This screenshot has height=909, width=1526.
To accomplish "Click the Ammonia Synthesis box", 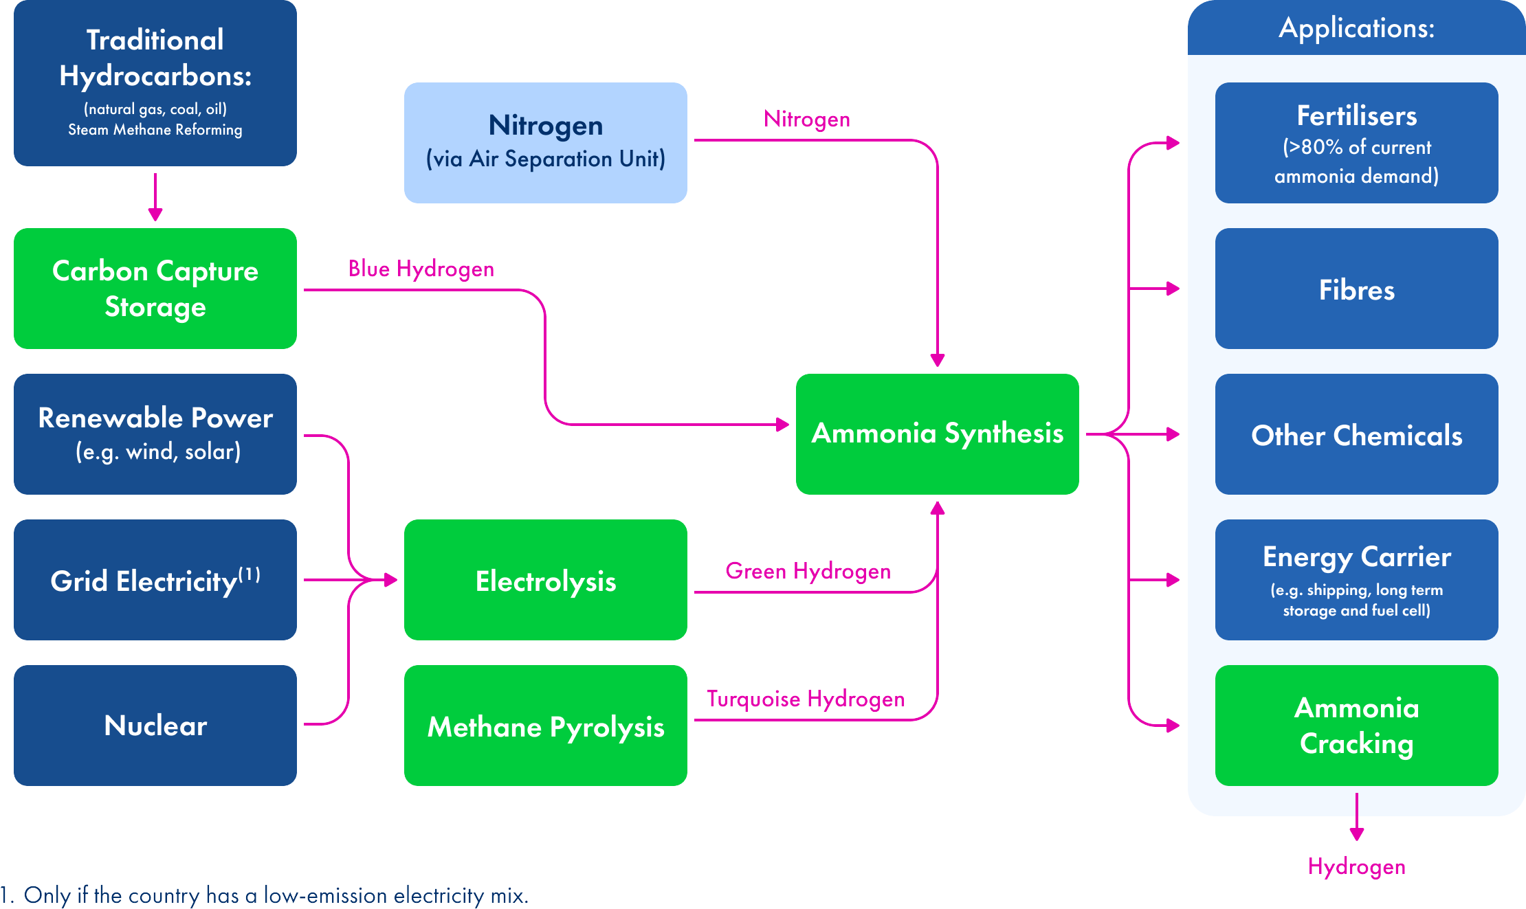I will click(937, 434).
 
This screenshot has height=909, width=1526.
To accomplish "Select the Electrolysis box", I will click(545, 580).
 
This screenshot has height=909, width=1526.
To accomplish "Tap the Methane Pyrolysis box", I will click(545, 726).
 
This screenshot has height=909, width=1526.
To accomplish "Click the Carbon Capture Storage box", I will click(155, 289).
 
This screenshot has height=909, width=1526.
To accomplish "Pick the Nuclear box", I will click(155, 726).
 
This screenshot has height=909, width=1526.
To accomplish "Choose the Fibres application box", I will click(1356, 289).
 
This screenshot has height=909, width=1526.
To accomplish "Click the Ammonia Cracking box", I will click(1356, 726).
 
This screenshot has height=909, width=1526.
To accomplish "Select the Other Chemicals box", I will click(1356, 434).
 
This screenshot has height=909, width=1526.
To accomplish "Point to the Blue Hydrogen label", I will click(421, 269).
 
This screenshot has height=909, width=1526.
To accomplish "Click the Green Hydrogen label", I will click(808, 571).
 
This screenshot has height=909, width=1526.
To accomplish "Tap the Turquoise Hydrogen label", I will click(806, 699).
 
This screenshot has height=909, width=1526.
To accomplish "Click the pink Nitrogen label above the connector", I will click(807, 119).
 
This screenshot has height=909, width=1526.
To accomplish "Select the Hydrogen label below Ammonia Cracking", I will click(1356, 866).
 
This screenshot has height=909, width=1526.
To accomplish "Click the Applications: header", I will click(1356, 28).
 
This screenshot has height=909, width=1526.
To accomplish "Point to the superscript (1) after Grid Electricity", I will click(250, 574).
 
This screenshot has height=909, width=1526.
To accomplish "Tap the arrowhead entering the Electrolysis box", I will click(391, 580).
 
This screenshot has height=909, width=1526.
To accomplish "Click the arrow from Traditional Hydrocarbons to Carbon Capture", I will click(155, 199).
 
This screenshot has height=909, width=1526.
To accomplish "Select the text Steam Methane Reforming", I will click(155, 130).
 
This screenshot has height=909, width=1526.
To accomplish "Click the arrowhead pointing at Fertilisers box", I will click(1173, 143).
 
